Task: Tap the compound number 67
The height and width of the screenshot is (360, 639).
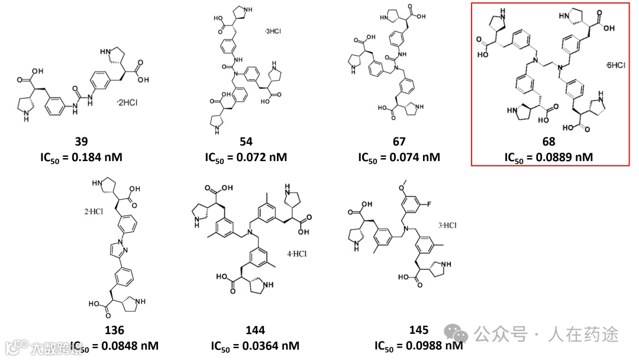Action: pyautogui.click(x=399, y=142)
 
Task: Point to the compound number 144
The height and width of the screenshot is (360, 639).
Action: pyautogui.click(x=255, y=330)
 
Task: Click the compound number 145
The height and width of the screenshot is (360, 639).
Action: pyautogui.click(x=418, y=330)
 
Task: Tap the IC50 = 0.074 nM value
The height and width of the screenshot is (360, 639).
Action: pyautogui.click(x=399, y=157)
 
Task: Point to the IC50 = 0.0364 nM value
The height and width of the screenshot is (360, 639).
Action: pyautogui.click(x=255, y=345)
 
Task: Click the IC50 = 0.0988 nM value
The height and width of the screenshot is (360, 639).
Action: pyautogui.click(x=418, y=345)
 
